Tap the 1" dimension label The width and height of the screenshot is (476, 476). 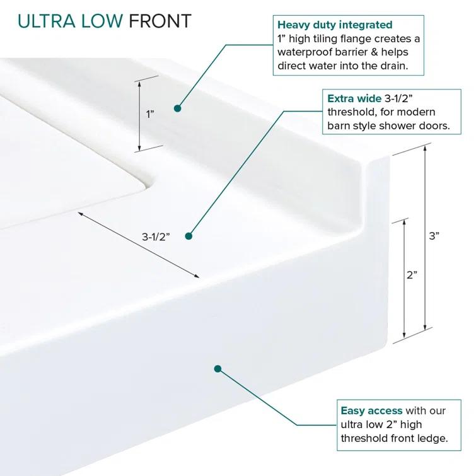pos(150,114)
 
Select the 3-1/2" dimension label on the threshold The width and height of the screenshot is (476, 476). pos(156,236)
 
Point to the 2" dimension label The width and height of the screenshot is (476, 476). pos(412,275)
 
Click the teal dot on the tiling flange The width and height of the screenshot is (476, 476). pos(178,108)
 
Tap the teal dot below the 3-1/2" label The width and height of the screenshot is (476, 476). pos(187,236)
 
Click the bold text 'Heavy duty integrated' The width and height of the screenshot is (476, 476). pos(335,25)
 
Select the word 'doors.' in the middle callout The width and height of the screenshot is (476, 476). pos(434,126)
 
